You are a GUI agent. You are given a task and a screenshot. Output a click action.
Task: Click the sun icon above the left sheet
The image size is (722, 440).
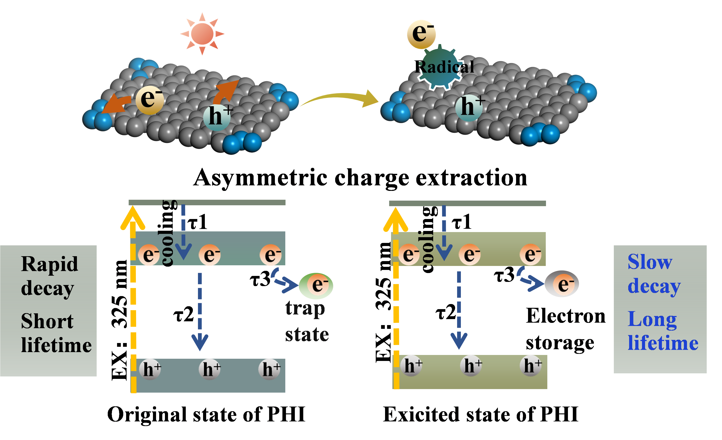click(202, 34)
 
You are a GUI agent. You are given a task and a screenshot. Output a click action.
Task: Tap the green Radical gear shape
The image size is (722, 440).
click(440, 67)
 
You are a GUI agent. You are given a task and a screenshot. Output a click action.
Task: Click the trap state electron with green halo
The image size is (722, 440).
click(316, 285)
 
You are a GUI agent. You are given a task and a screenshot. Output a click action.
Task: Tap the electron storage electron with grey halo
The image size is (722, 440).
click(562, 284)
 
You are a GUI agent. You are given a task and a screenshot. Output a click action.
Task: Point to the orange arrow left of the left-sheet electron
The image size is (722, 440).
click(116, 104)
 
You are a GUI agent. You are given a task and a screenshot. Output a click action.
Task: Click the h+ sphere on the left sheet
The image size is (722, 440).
click(217, 117)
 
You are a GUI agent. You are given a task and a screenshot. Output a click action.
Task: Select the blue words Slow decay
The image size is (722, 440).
click(654, 274)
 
